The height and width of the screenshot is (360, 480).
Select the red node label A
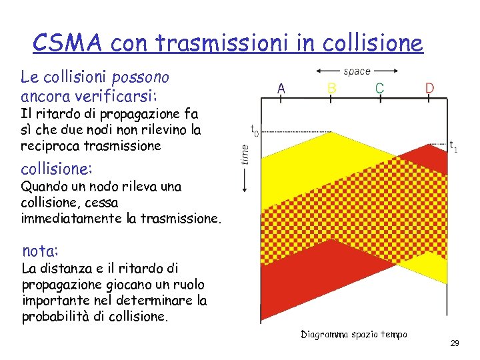tap(281, 88)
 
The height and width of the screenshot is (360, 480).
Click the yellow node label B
tap(331, 88)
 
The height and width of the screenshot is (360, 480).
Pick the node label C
tap(379, 88)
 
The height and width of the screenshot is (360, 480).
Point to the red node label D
tap(429, 88)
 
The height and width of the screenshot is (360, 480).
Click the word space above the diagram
tap(357, 71)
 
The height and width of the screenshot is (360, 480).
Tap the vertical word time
tap(245, 154)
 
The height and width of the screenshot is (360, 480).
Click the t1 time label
tap(453, 145)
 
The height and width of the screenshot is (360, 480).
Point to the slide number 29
tap(455, 343)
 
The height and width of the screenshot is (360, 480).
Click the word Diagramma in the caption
tap(324, 334)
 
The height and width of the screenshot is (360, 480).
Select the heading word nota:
tap(41, 251)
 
